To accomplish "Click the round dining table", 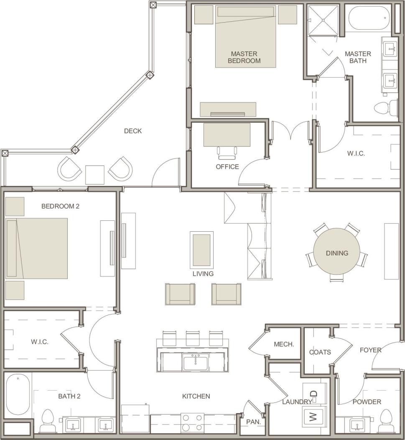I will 337,253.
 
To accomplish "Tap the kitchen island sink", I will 196,361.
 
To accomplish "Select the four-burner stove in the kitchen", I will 192,422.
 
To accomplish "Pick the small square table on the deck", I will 95,175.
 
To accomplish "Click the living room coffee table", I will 201,250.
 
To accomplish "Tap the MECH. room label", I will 284,345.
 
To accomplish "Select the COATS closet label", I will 320,352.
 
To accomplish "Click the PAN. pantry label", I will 254,422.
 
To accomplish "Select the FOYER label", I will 370,350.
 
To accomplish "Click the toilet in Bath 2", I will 48,421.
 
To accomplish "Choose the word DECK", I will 133,131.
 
